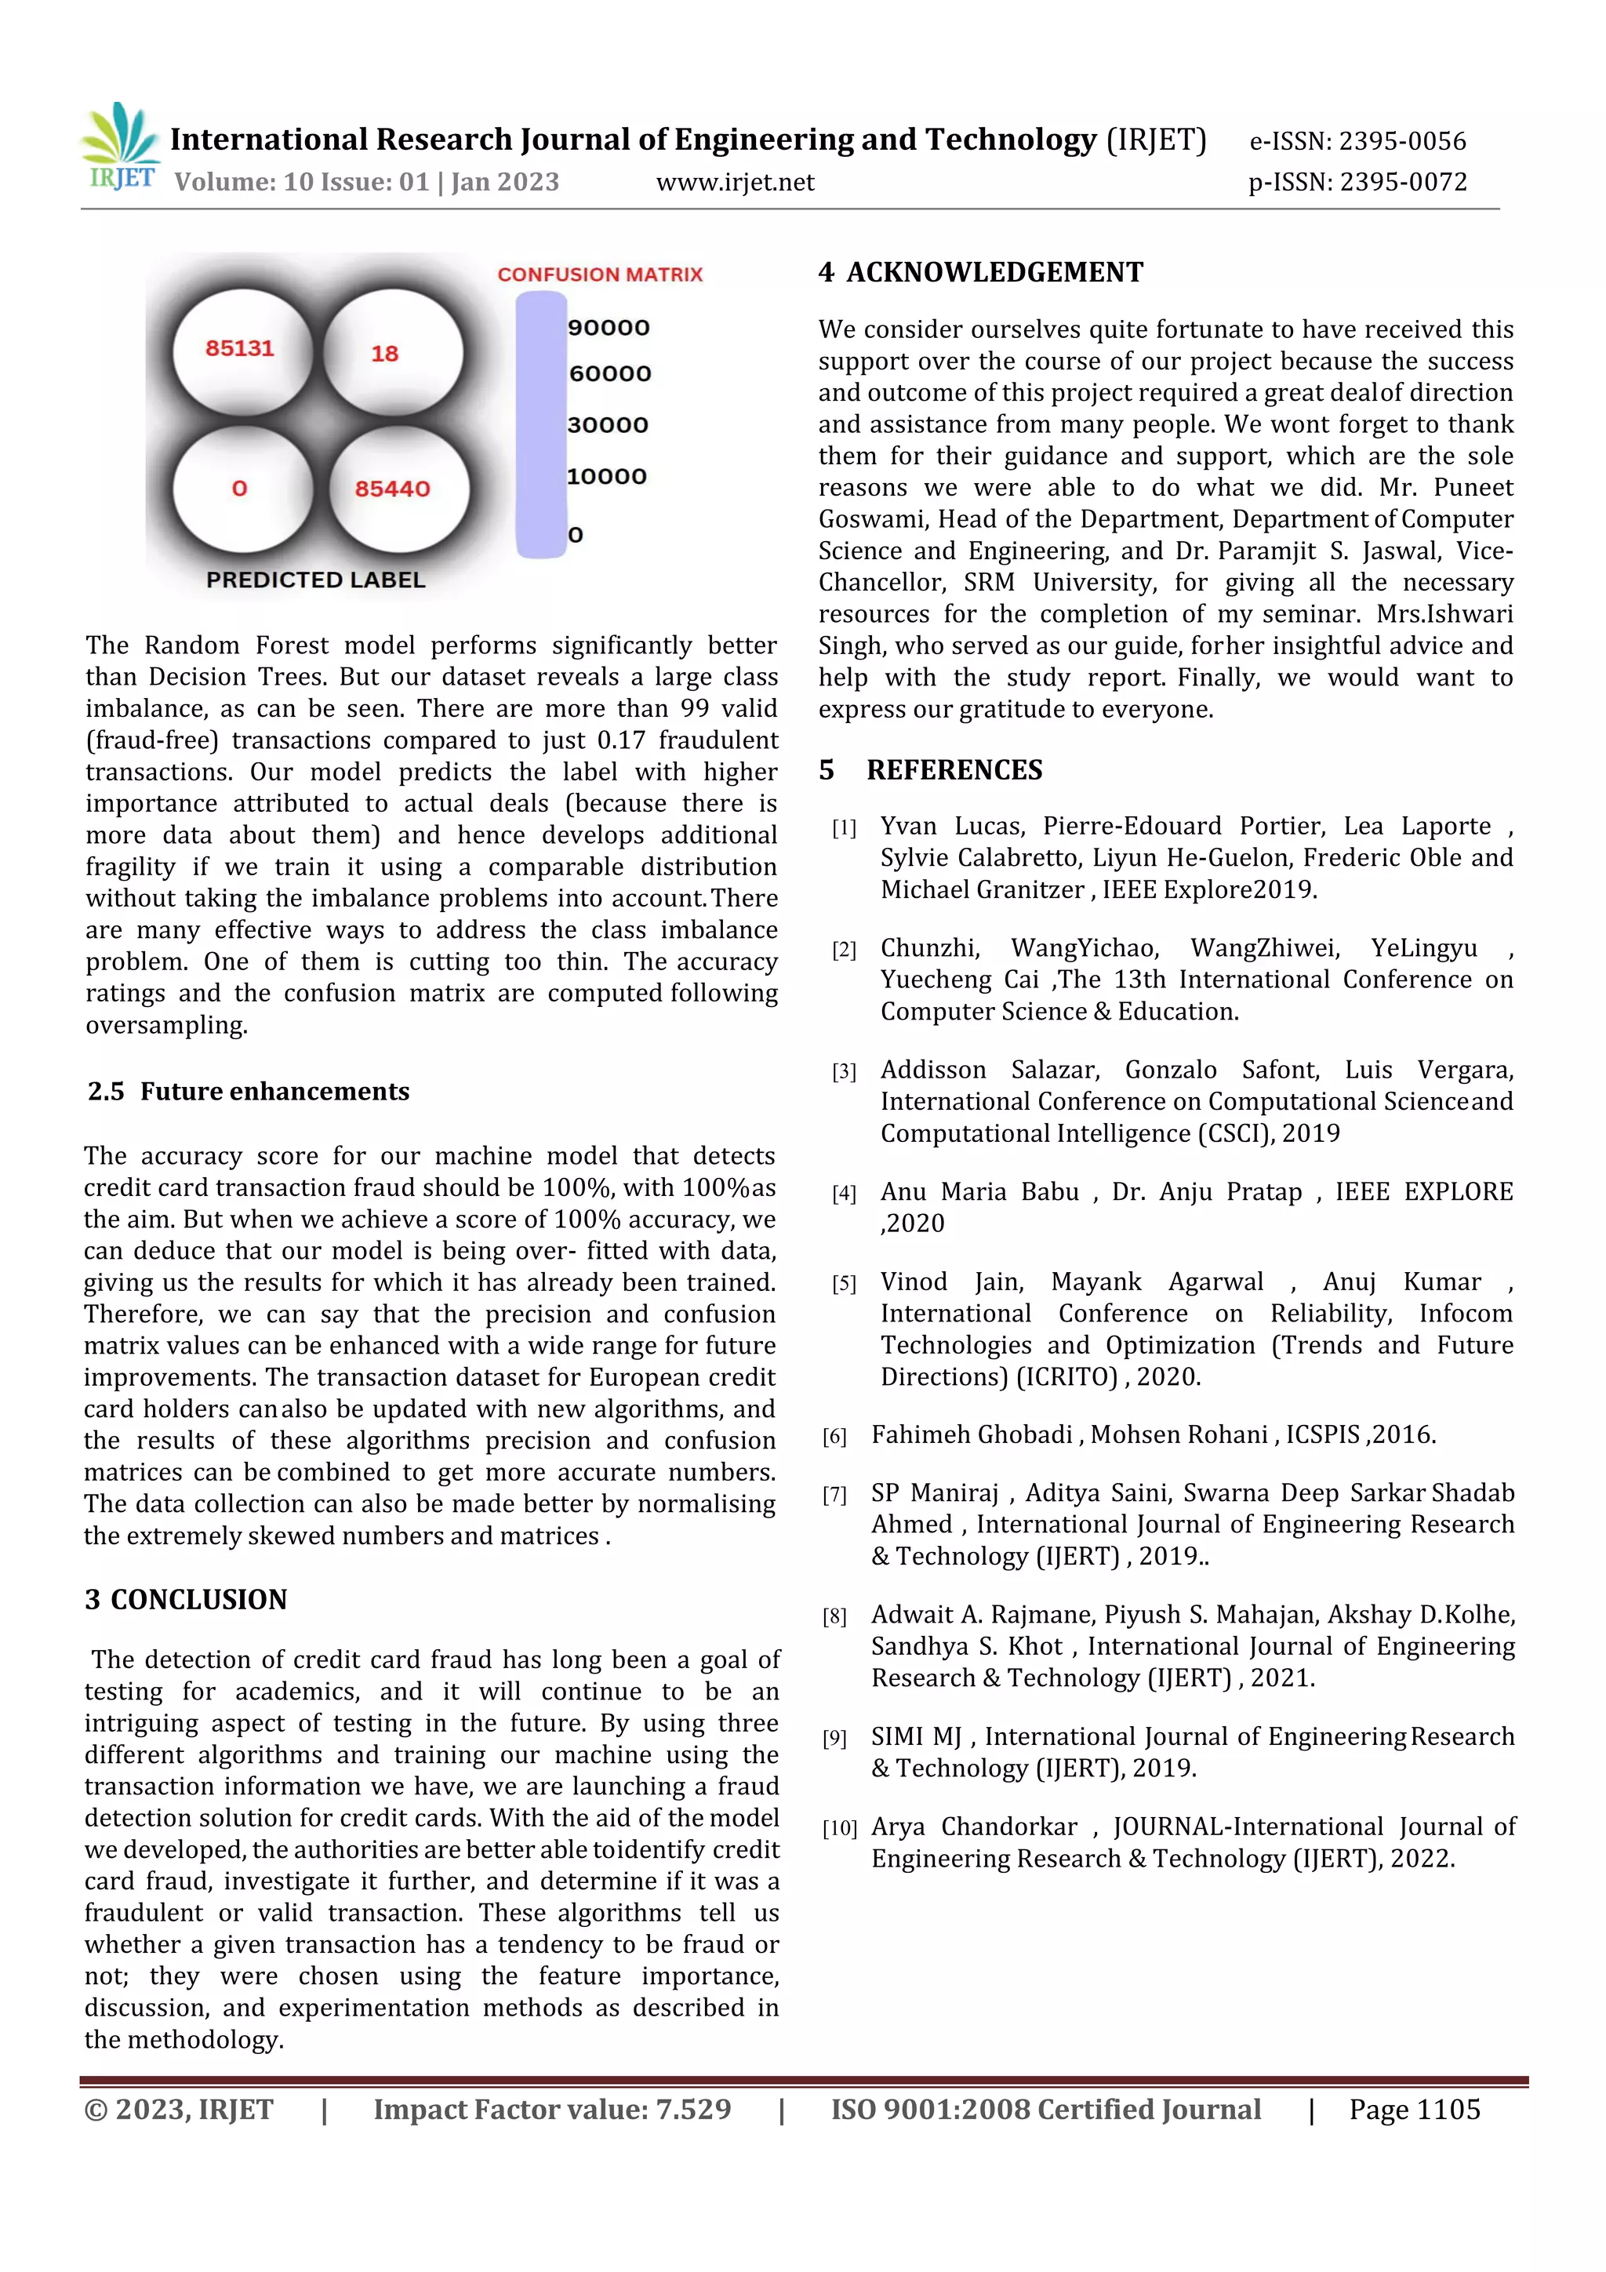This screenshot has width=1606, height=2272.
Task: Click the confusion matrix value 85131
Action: coord(239,348)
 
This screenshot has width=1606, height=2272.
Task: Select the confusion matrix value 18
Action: coord(385,353)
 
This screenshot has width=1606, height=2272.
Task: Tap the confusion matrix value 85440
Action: coord(393,489)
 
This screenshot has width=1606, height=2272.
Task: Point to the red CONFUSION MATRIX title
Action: coord(600,275)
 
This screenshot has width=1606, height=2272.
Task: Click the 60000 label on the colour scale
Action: coord(609,374)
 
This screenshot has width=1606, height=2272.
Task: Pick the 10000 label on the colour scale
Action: coord(607,477)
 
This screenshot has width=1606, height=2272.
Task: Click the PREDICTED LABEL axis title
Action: coord(316,580)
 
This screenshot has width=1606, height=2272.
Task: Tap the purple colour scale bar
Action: coord(540,426)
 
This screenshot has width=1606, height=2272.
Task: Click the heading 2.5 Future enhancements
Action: coord(249,1092)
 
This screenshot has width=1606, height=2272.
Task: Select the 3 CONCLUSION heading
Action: coord(186,1600)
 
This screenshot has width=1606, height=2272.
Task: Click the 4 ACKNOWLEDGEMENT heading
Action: coord(981,272)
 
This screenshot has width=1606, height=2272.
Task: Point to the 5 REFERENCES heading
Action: coord(930,770)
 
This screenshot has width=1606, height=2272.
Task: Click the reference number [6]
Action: coord(834,1437)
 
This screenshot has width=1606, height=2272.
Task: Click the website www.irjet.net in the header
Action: coord(736,182)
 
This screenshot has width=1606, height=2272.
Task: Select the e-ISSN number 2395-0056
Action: coord(1402,141)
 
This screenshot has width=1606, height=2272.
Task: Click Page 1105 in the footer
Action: coord(1414,2110)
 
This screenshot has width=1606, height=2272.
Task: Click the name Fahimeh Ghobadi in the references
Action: coord(972,1435)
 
